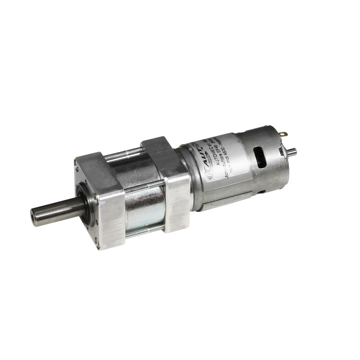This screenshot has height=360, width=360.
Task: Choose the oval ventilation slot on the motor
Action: click(x=260, y=158)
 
